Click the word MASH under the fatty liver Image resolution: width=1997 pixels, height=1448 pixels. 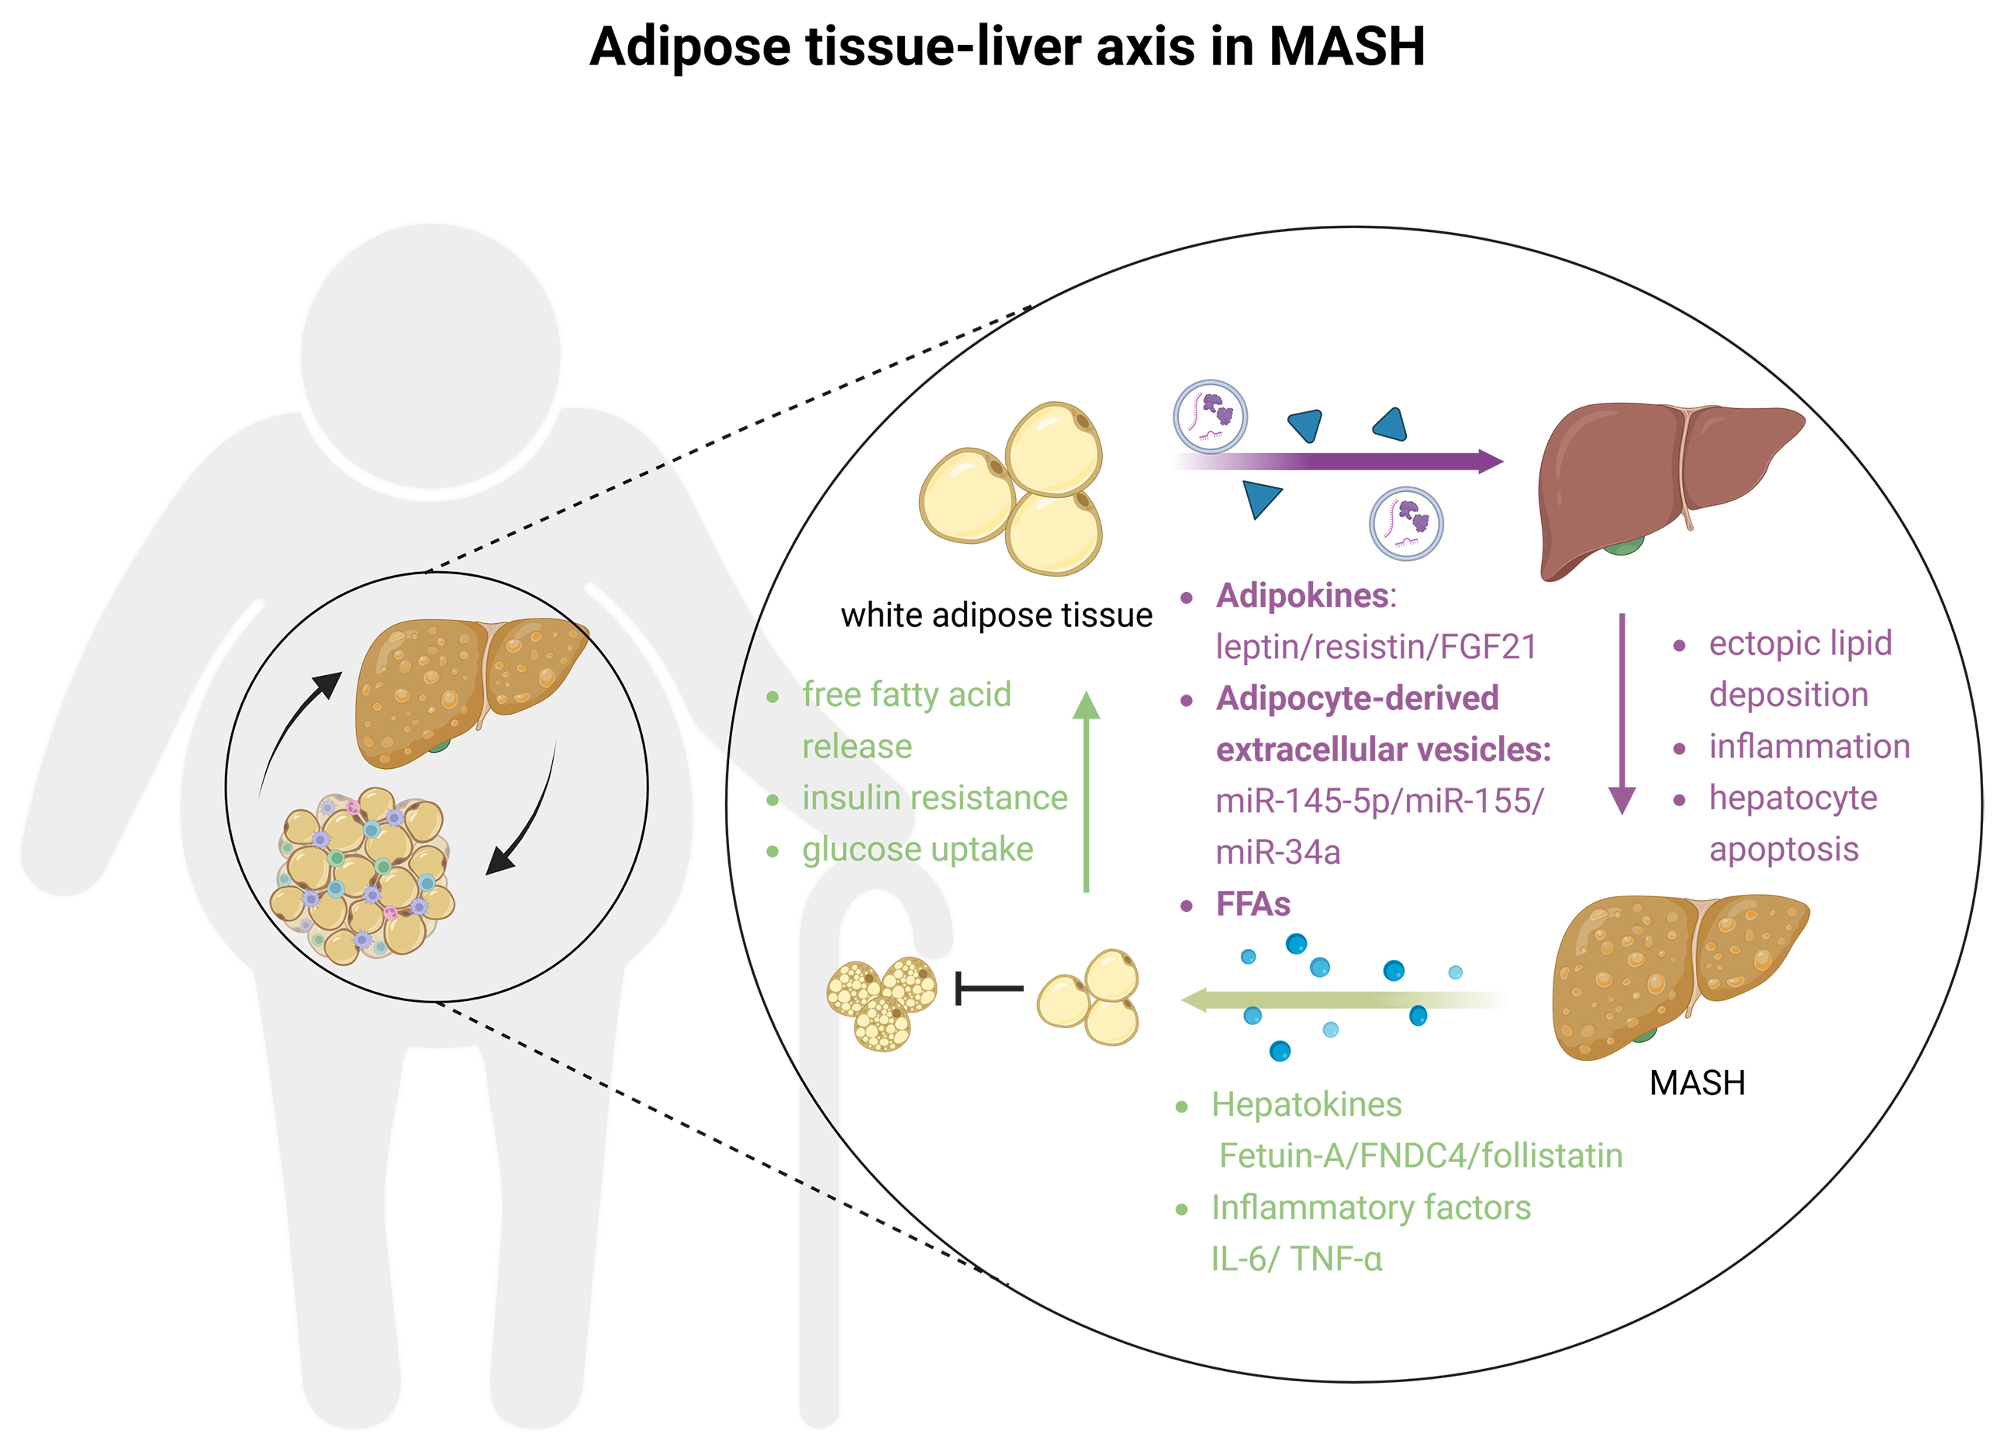coord(1696,1083)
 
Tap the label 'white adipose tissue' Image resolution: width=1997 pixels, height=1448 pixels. coord(996,615)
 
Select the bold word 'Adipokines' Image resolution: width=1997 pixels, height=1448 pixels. coord(1302,596)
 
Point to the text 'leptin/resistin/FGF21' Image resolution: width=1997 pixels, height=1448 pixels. coord(1375,647)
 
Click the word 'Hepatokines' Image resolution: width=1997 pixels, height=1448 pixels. coord(1306,1104)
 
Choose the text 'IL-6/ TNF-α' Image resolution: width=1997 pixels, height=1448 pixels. coord(1296,1259)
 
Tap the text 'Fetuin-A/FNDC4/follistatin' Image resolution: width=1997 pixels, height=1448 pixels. coord(1419,1155)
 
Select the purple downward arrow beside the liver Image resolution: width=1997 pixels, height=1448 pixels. coord(1621,713)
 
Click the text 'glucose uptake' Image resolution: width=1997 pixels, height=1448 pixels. coord(917,849)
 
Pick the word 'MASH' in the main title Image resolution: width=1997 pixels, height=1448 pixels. coord(1346,46)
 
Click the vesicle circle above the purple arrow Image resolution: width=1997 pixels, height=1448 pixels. coord(1210,417)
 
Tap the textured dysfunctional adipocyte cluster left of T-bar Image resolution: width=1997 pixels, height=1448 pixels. coord(881,1004)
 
